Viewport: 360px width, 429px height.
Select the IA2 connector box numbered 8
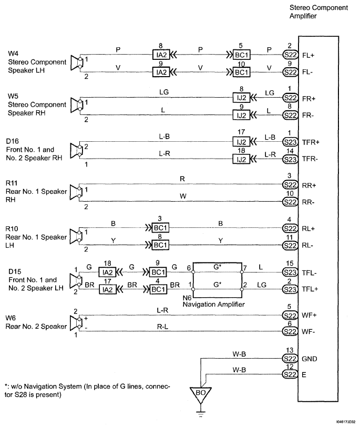pos(161,54)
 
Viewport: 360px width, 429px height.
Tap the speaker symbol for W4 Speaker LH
pos(77,62)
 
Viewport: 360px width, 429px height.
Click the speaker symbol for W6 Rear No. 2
pos(77,323)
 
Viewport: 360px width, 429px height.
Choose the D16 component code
pos(12,141)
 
